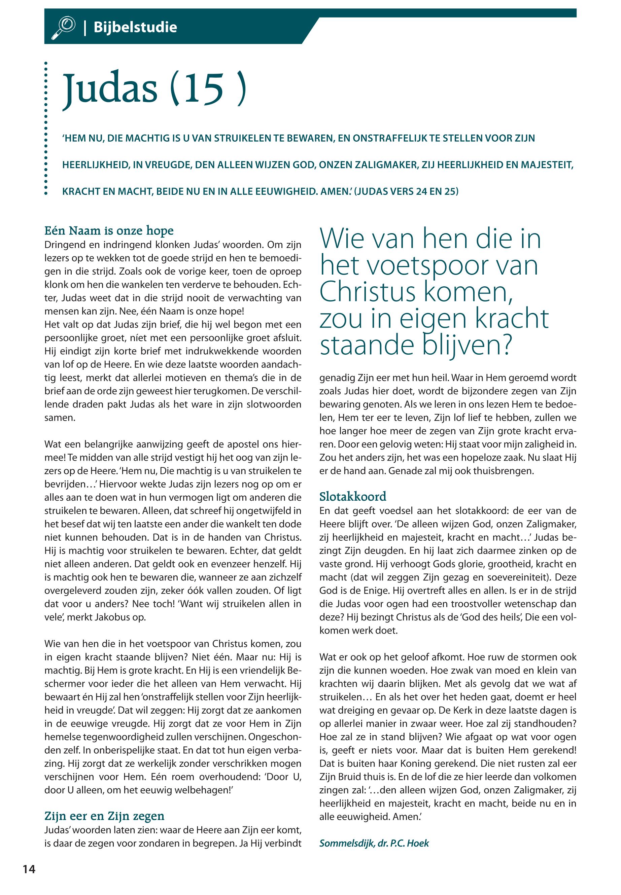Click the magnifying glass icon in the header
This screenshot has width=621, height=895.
pos(63,28)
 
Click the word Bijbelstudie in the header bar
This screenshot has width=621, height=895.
pos(135,28)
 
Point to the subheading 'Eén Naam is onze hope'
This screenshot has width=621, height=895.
pos(109,231)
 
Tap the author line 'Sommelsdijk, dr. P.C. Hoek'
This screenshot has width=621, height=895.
pos(374,843)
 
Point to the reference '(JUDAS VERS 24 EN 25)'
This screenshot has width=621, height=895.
pos(407,192)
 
